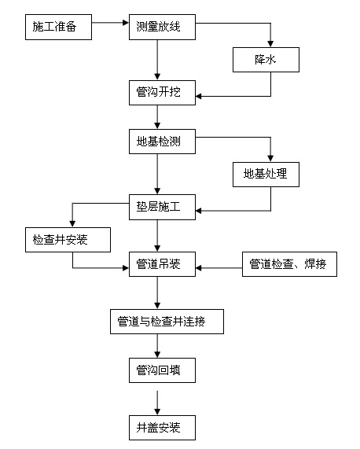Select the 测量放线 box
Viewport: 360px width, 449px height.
160,28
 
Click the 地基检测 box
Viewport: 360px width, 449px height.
158,142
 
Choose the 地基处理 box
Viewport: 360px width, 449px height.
266,174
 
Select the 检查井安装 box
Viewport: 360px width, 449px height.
67,239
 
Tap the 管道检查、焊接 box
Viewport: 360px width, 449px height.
288,265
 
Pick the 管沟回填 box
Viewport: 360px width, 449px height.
158,369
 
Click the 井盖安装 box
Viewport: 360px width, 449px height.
158,428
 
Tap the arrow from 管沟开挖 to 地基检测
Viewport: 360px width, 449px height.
158,117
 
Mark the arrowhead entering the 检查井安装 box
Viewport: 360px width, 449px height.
72,223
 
